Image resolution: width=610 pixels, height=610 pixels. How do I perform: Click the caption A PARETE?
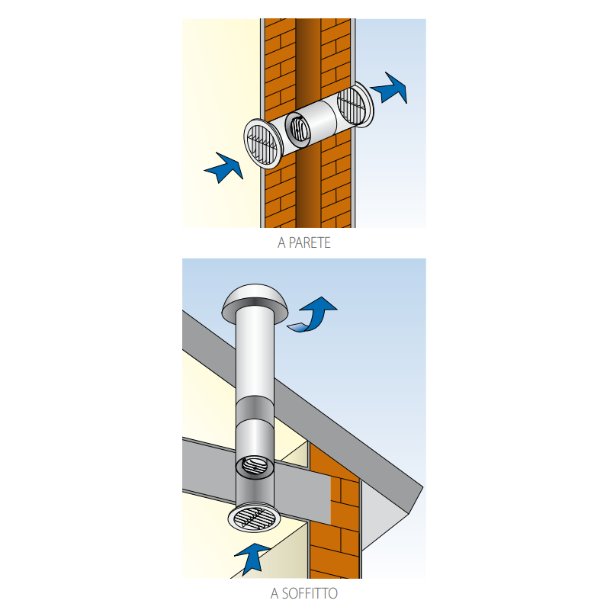(303, 242)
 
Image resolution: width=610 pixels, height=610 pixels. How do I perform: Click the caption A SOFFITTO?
(303, 593)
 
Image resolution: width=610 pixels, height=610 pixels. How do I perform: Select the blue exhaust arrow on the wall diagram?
(390, 88)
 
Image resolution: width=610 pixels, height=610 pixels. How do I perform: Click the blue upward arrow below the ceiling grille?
(252, 558)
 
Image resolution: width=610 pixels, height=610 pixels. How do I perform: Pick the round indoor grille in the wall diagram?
(262, 144)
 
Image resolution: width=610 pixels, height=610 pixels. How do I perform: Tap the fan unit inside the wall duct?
(298, 127)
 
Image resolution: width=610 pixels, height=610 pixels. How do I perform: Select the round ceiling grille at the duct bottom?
(254, 518)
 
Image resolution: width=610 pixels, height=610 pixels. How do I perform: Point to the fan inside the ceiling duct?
(255, 465)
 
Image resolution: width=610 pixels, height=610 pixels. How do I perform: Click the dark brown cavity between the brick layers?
(308, 59)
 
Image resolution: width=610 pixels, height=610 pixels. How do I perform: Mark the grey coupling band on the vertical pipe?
(255, 409)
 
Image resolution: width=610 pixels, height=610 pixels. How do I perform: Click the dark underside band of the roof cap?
(255, 303)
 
